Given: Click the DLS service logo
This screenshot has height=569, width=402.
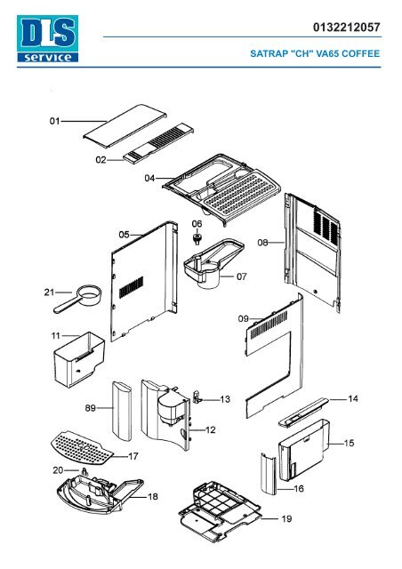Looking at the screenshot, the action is click(x=47, y=38).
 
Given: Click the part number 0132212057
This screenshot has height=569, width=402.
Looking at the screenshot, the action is click(x=347, y=28).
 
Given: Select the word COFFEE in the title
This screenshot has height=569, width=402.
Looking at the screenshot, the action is click(x=360, y=53).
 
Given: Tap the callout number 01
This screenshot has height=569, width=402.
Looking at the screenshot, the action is click(x=54, y=121).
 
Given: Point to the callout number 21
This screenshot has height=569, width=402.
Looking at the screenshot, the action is click(x=49, y=293).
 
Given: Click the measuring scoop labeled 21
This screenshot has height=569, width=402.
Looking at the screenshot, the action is click(x=77, y=299).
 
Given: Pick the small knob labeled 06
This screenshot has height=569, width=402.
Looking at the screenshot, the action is click(x=197, y=238).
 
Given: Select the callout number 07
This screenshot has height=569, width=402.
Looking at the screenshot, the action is click(x=242, y=276).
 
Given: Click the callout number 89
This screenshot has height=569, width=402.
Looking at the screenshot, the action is click(x=91, y=408).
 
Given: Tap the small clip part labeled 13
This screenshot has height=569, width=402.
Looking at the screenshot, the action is click(x=197, y=397).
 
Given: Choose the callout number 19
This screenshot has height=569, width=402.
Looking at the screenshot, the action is click(x=286, y=519).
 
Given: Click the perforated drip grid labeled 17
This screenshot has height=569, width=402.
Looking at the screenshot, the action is click(x=82, y=447).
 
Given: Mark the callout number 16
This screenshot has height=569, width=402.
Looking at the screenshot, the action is click(x=299, y=489).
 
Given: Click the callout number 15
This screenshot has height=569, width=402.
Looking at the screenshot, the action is click(x=349, y=443).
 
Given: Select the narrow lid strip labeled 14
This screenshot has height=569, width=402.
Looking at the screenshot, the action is click(x=303, y=413).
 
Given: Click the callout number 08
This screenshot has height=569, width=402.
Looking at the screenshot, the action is click(x=262, y=243).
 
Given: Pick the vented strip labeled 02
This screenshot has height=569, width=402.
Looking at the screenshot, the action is click(x=158, y=144).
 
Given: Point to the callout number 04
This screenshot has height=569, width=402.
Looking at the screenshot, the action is click(x=149, y=178).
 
